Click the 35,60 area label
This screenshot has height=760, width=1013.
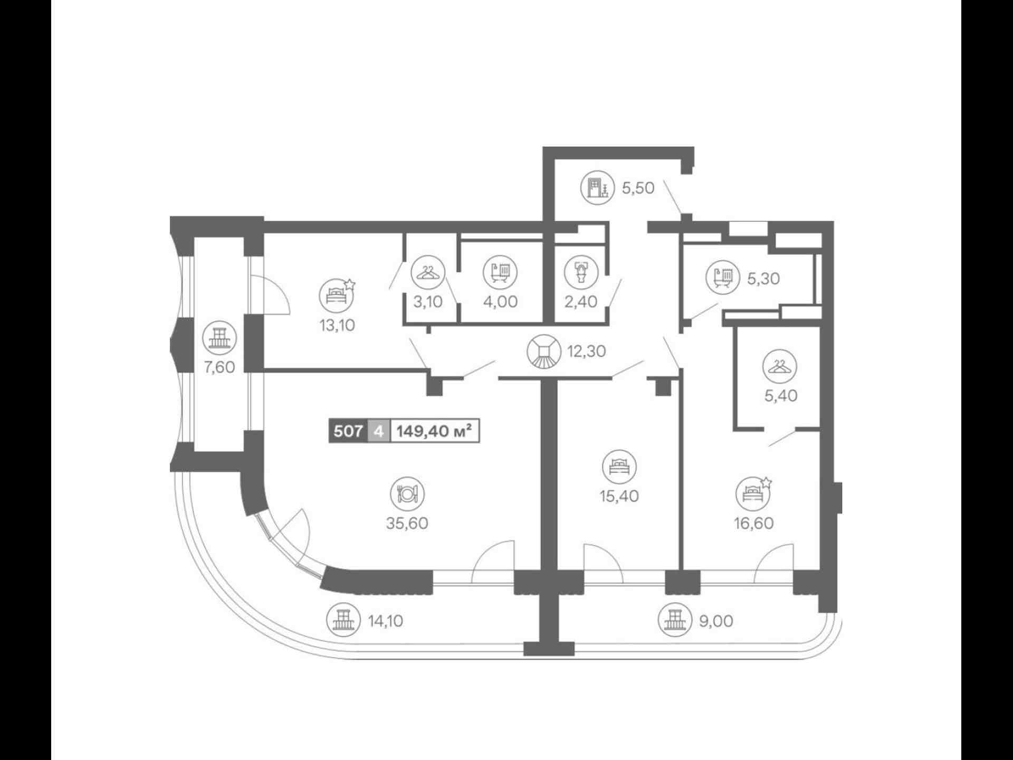pos(407,523)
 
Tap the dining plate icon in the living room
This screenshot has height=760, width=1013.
pos(407,494)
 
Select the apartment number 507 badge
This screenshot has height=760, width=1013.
pos(348,431)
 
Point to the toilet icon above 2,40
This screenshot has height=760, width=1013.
pos(581,272)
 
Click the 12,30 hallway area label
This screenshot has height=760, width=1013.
pos(587,351)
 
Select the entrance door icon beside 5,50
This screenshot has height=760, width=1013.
pos(598,188)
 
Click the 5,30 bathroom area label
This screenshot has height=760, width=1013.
pos(763,278)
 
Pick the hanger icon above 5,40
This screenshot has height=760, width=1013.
pos(780,367)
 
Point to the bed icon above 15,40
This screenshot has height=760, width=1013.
pos(619,467)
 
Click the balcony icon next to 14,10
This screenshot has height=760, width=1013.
pos(344,621)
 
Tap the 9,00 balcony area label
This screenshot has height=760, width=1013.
pos(716,621)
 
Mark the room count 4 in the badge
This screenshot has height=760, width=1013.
pos(378,431)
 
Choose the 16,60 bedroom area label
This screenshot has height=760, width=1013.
pos(753,523)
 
